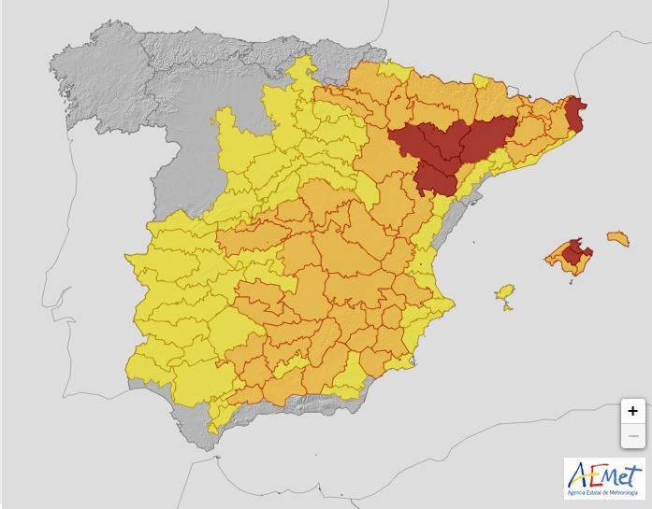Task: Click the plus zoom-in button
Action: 633,411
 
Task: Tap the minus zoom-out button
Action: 633,435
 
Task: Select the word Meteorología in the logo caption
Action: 625,492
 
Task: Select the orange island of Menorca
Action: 617,238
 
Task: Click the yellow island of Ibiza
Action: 505,293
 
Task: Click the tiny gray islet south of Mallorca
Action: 572,277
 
